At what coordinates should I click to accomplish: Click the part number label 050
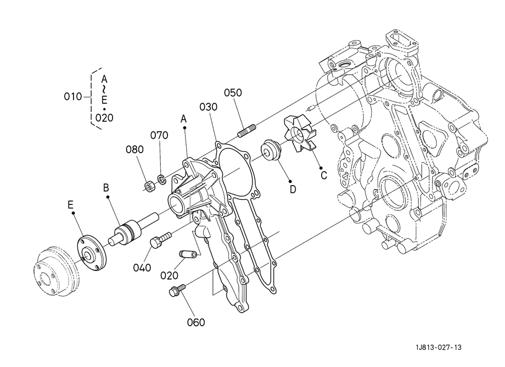(x=233, y=93)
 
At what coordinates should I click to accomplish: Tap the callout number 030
(x=209, y=107)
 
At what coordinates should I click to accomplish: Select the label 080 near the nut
(x=134, y=149)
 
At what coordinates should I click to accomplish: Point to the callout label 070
(x=159, y=135)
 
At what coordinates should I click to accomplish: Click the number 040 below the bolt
(x=142, y=268)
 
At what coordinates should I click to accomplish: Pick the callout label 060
(x=196, y=322)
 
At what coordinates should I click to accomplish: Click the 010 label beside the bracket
(x=73, y=96)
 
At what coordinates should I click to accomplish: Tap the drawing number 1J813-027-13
(x=439, y=347)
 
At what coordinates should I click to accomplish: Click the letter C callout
(x=324, y=176)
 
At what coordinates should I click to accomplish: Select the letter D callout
(x=293, y=190)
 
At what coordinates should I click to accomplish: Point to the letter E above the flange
(x=70, y=204)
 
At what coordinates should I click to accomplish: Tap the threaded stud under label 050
(x=246, y=130)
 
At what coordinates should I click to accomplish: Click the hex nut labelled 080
(x=149, y=187)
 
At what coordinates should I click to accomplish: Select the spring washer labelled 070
(x=161, y=179)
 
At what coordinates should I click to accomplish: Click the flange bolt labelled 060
(x=177, y=290)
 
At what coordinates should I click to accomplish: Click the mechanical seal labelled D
(x=272, y=149)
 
